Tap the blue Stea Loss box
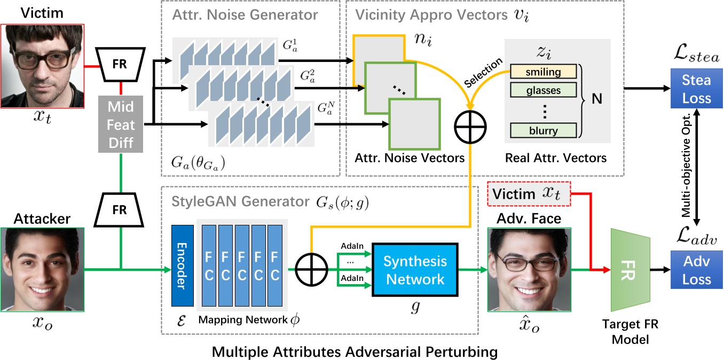(x=696, y=89)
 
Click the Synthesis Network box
(x=414, y=270)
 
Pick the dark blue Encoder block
(x=182, y=265)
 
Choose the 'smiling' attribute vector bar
(x=542, y=72)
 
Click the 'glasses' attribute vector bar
(x=542, y=90)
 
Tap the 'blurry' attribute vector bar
(x=542, y=130)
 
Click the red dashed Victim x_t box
(x=528, y=195)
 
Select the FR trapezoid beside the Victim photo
(x=120, y=62)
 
